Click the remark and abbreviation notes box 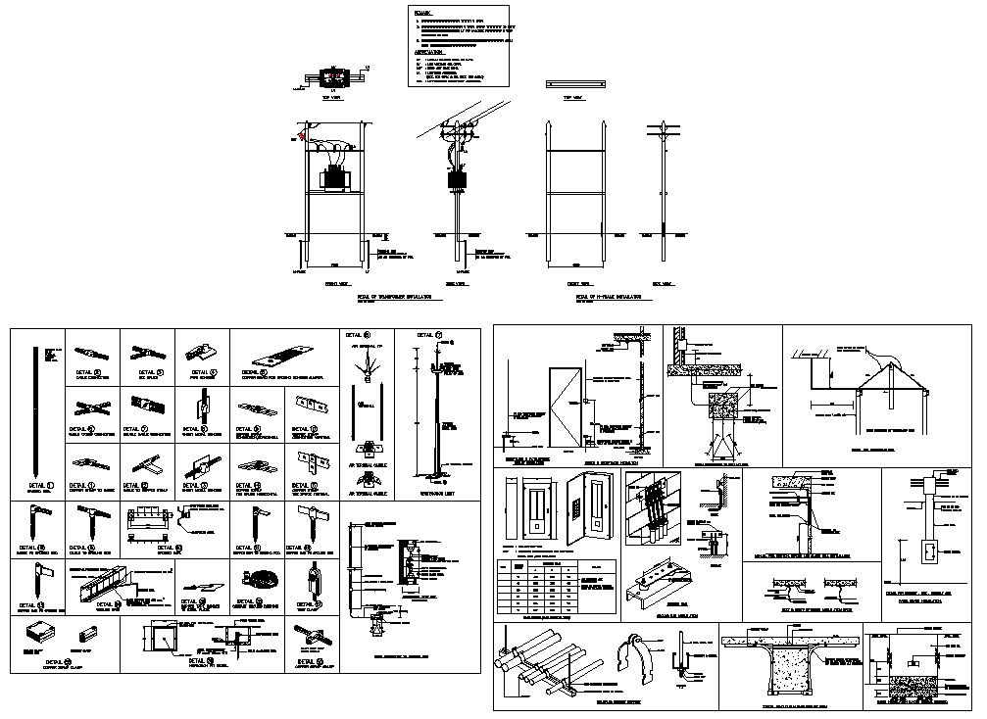tap(461, 45)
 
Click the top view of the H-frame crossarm tap(572, 84)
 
